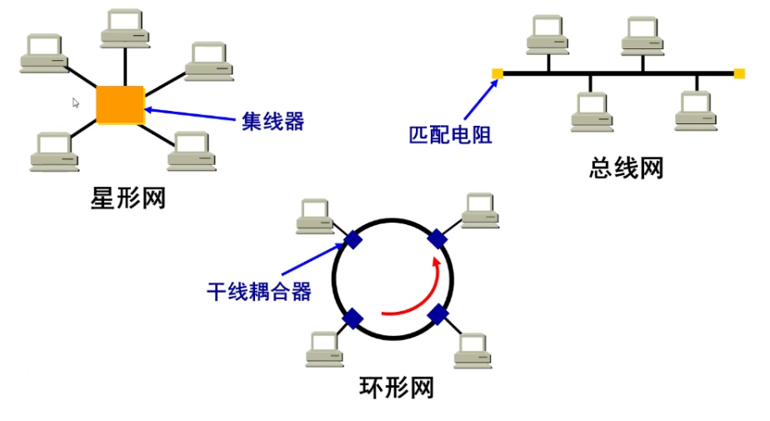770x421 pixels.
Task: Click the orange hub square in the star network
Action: [x=120, y=104]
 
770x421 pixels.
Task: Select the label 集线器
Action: [x=273, y=121]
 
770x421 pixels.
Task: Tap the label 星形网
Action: [x=127, y=198]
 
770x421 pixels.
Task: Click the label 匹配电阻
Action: [x=450, y=133]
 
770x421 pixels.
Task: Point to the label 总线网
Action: [x=626, y=169]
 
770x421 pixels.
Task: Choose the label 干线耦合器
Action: [x=258, y=291]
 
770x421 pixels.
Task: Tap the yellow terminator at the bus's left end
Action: [x=497, y=73]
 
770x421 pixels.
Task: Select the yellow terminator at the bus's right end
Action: [x=739, y=73]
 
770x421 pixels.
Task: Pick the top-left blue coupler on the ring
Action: [x=352, y=240]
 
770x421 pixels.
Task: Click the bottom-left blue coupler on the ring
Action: [x=352, y=318]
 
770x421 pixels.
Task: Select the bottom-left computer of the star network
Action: [x=54, y=151]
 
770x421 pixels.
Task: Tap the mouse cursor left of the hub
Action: [x=76, y=103]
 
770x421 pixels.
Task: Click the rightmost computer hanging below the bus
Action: [x=696, y=111]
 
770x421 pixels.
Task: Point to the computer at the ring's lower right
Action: [x=472, y=350]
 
